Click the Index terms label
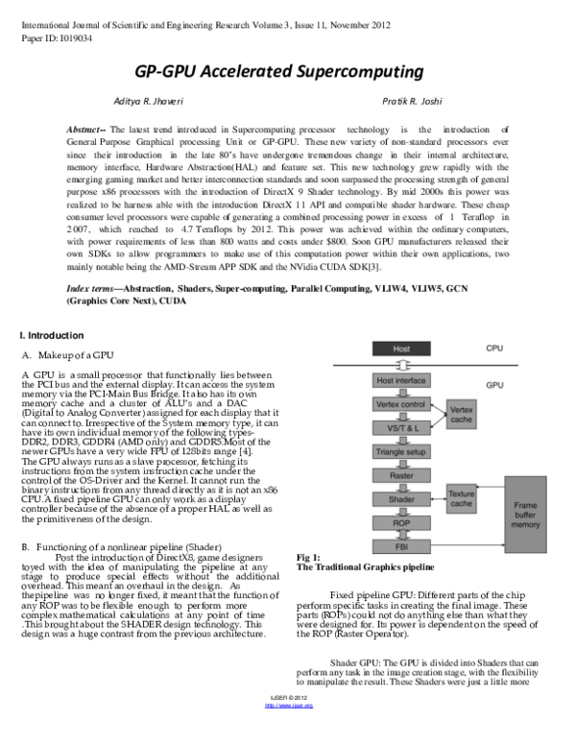pyautogui.click(x=97, y=288)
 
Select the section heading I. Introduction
pyautogui.click(x=53, y=335)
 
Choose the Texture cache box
pyautogui.click(x=462, y=498)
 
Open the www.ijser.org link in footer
pyautogui.click(x=288, y=732)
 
